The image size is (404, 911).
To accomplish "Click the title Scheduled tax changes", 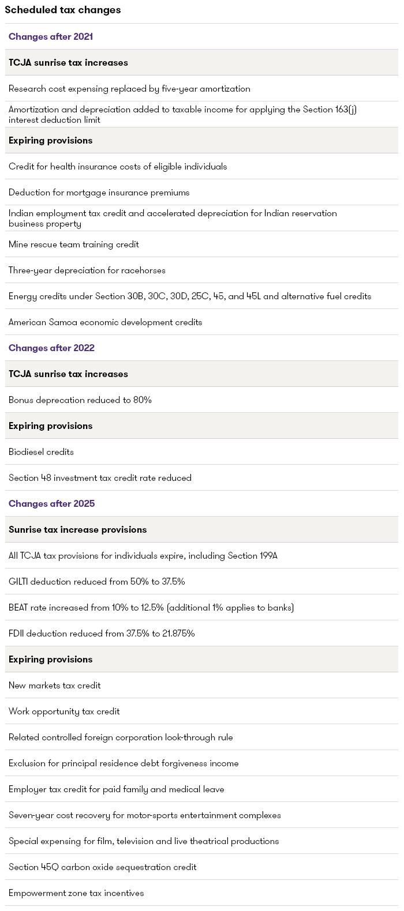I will [x=63, y=10].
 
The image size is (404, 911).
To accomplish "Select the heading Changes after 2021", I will [x=51, y=36].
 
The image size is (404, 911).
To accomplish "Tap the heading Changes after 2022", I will [x=51, y=348].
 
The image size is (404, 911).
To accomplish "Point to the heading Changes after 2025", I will [x=51, y=503].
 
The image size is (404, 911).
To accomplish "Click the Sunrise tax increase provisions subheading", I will [x=77, y=529].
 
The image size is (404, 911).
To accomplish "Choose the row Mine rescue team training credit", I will [x=74, y=244].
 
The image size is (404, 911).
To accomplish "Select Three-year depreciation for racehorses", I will [x=87, y=270].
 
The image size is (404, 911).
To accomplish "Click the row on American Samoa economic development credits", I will [x=105, y=322].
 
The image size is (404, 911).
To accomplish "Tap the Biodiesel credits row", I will [x=41, y=451].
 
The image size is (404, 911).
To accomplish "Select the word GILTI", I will [x=18, y=581].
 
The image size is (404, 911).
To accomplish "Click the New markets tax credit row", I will [x=55, y=685].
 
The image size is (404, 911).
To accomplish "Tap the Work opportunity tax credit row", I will [x=64, y=711].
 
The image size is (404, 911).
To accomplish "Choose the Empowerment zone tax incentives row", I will [x=76, y=893].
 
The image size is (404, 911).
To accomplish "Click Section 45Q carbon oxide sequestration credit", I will [x=103, y=867].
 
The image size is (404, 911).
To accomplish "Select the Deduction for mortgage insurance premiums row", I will [x=99, y=192].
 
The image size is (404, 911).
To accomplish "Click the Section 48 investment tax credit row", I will [x=100, y=477].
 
